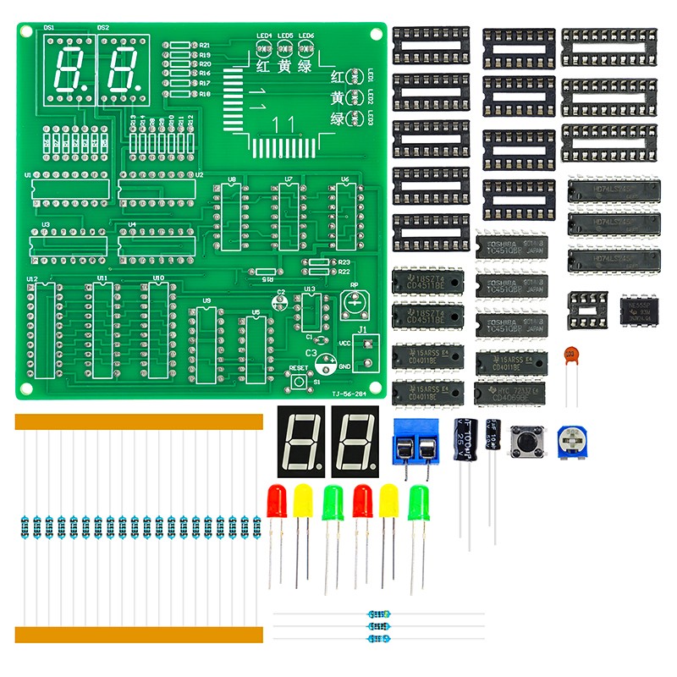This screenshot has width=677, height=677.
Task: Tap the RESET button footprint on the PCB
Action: [x=299, y=382]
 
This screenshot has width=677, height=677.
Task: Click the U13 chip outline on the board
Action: [x=311, y=310]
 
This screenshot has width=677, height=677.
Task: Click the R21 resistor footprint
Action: [x=179, y=46]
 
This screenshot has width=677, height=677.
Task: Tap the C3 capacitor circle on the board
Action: [x=324, y=362]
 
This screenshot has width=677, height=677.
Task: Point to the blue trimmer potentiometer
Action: [x=571, y=443]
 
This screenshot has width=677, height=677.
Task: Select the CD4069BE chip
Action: [x=510, y=393]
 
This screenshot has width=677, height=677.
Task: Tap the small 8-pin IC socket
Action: [x=587, y=310]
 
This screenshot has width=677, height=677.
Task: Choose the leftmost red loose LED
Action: [x=276, y=504]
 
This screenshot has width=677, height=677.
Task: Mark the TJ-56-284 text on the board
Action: [x=348, y=394]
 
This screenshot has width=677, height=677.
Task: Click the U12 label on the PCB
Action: [x=32, y=278]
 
